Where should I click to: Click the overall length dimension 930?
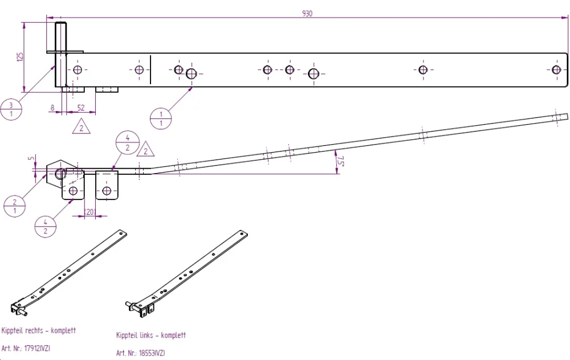(307, 14)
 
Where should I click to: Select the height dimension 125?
(20, 56)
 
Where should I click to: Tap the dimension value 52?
(81, 107)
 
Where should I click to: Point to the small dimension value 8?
(52, 107)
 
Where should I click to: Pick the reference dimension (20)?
(89, 211)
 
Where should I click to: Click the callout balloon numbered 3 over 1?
(11, 108)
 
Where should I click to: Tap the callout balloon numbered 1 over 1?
(161, 118)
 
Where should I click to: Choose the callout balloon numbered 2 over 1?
(14, 205)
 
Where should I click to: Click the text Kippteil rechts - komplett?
(39, 330)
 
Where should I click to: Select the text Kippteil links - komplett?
(151, 336)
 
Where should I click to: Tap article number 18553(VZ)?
(140, 353)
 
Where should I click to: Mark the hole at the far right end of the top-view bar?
(556, 69)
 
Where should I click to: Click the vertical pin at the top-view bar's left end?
(60, 54)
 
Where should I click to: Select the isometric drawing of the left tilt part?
(187, 271)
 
